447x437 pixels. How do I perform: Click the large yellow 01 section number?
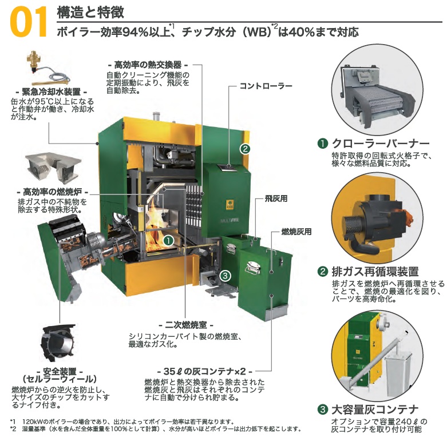point(29,22)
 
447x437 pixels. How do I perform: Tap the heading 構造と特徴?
point(90,12)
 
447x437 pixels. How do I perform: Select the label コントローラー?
point(266,86)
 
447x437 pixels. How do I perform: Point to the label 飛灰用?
point(276,198)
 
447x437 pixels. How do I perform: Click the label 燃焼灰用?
point(296,232)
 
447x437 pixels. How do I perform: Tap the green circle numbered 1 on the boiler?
point(168,241)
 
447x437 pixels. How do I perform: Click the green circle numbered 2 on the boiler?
point(245,148)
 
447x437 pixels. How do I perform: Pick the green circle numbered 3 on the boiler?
point(226,276)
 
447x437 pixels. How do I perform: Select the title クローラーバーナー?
point(380,144)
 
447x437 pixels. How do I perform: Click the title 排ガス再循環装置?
point(375,272)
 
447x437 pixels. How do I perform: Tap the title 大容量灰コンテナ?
point(375,410)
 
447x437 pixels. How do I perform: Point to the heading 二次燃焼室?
point(185,325)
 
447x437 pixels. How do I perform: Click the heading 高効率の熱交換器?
point(148,65)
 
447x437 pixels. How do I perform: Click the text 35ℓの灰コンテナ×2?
point(204,371)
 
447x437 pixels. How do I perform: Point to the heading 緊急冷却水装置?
point(52,92)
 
